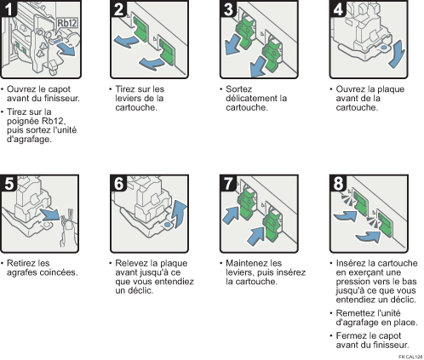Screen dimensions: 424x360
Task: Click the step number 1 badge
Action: (x=9, y=9)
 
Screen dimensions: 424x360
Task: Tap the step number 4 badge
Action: (x=338, y=9)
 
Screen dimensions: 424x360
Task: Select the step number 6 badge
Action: (x=118, y=183)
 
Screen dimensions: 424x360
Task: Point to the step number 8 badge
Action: (x=338, y=183)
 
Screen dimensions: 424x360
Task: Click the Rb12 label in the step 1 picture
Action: (x=67, y=23)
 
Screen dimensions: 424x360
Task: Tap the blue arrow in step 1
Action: (x=66, y=50)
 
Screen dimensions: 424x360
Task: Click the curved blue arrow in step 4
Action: (x=398, y=54)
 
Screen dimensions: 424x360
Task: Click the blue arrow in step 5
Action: (x=50, y=214)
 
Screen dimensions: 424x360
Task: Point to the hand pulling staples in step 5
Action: (x=68, y=228)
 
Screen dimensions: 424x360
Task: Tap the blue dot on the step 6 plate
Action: (x=168, y=225)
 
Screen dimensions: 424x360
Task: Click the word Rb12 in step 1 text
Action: (x=54, y=121)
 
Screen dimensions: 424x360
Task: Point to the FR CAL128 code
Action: (x=410, y=357)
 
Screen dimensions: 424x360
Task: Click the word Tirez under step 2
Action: (x=125, y=89)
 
